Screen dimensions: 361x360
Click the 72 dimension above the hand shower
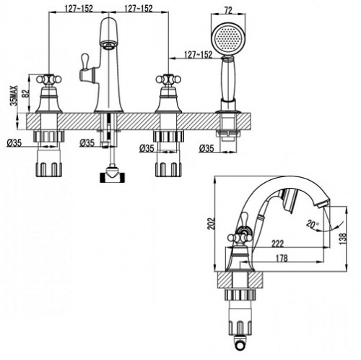pos(228,10)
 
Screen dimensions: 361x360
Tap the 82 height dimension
pos(26,93)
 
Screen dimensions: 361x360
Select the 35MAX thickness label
pos(14,96)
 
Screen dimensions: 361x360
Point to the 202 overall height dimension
pos(211,223)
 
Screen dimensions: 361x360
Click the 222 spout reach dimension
pos(277,244)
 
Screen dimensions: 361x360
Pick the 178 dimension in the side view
pos(282,259)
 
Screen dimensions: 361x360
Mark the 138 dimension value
pos(343,239)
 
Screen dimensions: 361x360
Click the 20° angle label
pos(312,225)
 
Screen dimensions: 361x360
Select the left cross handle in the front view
pos(49,79)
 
